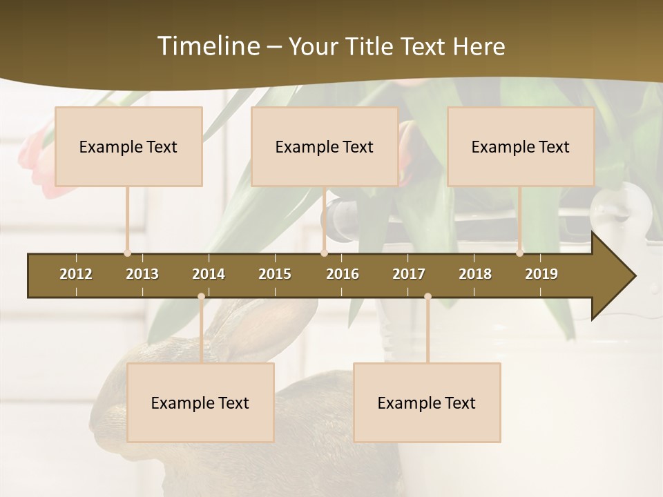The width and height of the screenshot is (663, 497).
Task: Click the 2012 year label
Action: [76, 274]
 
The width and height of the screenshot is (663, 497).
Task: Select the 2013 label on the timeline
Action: [142, 274]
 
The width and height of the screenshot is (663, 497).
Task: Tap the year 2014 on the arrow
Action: [209, 274]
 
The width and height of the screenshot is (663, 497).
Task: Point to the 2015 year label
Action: [275, 274]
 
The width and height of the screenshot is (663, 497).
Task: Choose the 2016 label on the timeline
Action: [343, 274]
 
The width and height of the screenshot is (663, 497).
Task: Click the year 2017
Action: [409, 274]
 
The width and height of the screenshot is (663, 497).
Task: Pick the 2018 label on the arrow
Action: [475, 274]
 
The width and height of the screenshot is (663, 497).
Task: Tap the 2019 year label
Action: [541, 274]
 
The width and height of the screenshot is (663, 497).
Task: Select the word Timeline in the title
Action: [207, 46]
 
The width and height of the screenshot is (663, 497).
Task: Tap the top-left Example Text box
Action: [128, 146]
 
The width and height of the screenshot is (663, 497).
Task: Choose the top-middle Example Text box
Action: [325, 146]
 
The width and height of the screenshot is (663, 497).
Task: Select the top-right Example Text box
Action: [521, 146]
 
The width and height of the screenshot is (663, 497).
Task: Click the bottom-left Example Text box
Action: [200, 402]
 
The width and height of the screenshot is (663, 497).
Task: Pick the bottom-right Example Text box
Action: [427, 402]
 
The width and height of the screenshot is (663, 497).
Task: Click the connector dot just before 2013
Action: [127, 253]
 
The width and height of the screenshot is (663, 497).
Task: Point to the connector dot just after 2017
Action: [427, 297]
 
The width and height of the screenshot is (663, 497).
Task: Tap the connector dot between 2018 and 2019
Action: [519, 253]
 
